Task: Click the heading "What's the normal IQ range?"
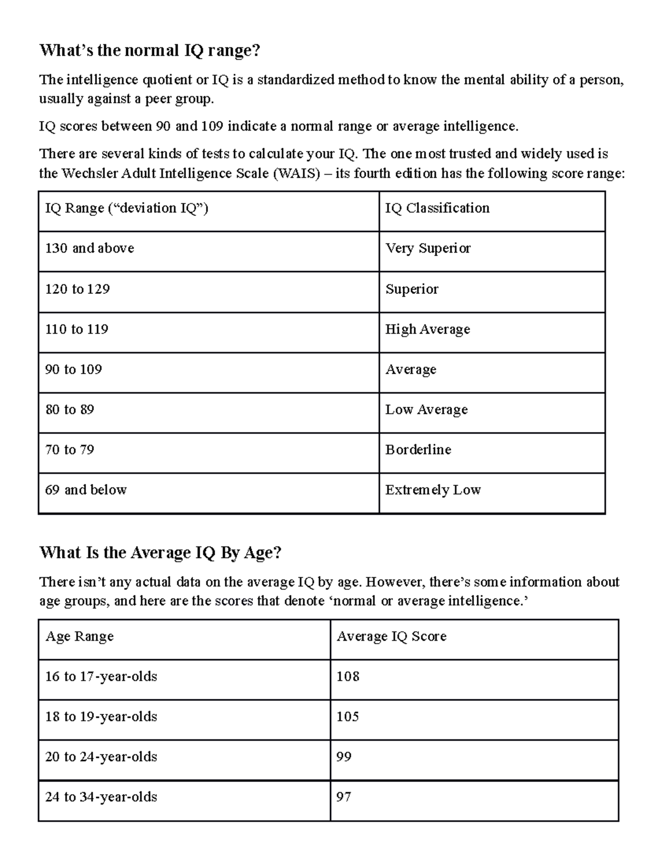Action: pyautogui.click(x=149, y=51)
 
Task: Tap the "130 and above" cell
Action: pyautogui.click(x=90, y=248)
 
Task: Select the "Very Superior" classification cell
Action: pyautogui.click(x=428, y=248)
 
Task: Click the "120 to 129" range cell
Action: pyautogui.click(x=77, y=289)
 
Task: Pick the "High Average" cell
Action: pyautogui.click(x=428, y=330)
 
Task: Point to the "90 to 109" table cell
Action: pyautogui.click(x=74, y=369)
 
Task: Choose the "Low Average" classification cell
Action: pyautogui.click(x=426, y=410)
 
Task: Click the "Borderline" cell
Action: pyautogui.click(x=418, y=449)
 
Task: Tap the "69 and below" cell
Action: pyautogui.click(x=86, y=490)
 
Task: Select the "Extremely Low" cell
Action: pyautogui.click(x=433, y=490)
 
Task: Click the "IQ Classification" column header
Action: pyautogui.click(x=437, y=208)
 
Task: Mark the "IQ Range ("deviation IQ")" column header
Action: pyautogui.click(x=127, y=208)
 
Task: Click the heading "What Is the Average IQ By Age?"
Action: pyautogui.click(x=161, y=553)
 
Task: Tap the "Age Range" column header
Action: pyautogui.click(x=80, y=636)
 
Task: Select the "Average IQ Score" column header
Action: pyautogui.click(x=391, y=636)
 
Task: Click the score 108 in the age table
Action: pyautogui.click(x=348, y=676)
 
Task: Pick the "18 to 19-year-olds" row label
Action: pyautogui.click(x=101, y=717)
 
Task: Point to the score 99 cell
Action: pyautogui.click(x=344, y=757)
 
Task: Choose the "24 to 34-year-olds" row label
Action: pyautogui.click(x=101, y=797)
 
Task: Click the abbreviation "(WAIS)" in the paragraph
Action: pyautogui.click(x=297, y=173)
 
